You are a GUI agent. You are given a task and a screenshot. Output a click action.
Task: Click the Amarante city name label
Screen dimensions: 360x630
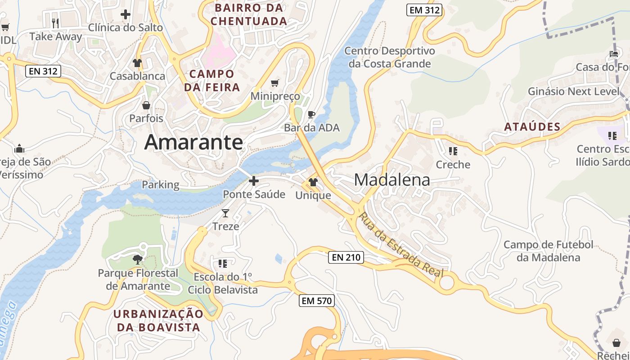(193, 143)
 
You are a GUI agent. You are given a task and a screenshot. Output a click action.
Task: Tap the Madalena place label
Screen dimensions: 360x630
(391, 180)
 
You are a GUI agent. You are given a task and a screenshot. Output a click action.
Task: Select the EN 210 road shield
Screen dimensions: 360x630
(346, 257)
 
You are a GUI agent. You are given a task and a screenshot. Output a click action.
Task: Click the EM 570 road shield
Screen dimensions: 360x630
(317, 301)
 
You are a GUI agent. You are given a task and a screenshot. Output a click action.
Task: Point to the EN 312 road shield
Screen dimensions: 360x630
(43, 71)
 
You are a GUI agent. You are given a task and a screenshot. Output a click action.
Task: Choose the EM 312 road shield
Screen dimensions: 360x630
(424, 10)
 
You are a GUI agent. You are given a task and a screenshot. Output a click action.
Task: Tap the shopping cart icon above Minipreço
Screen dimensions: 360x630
(275, 83)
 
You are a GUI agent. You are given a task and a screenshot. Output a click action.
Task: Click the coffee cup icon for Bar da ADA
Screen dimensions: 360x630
(311, 114)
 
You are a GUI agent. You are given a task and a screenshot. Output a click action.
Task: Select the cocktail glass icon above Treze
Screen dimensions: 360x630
(225, 213)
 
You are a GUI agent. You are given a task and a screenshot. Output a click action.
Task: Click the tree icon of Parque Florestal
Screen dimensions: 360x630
(138, 259)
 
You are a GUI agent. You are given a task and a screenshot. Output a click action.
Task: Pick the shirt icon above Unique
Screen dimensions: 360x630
(313, 182)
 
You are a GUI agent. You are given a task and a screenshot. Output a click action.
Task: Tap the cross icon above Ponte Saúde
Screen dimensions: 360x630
(254, 181)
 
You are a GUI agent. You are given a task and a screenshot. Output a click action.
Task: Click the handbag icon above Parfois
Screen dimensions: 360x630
(146, 105)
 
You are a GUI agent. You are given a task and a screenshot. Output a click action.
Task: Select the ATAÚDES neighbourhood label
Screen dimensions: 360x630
(532, 127)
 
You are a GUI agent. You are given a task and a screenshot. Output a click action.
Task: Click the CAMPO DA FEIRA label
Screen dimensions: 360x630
(212, 81)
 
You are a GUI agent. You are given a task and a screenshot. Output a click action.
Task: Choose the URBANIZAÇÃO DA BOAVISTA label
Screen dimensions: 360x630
(158, 320)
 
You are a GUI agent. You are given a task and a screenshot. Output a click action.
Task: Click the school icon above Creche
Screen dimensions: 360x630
(453, 151)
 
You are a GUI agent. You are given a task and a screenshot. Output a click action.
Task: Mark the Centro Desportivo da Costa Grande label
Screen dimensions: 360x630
(390, 57)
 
